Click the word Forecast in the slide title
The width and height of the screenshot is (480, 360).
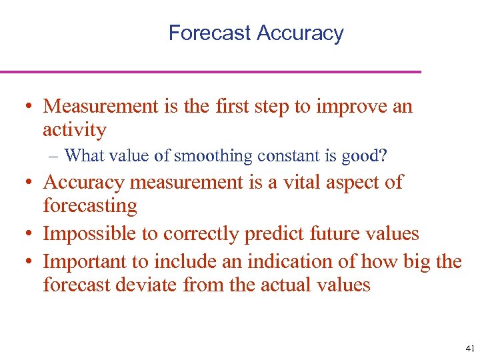209,33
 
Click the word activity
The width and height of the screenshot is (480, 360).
74,129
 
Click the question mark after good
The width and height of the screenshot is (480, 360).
382,156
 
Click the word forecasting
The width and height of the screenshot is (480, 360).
90,205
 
